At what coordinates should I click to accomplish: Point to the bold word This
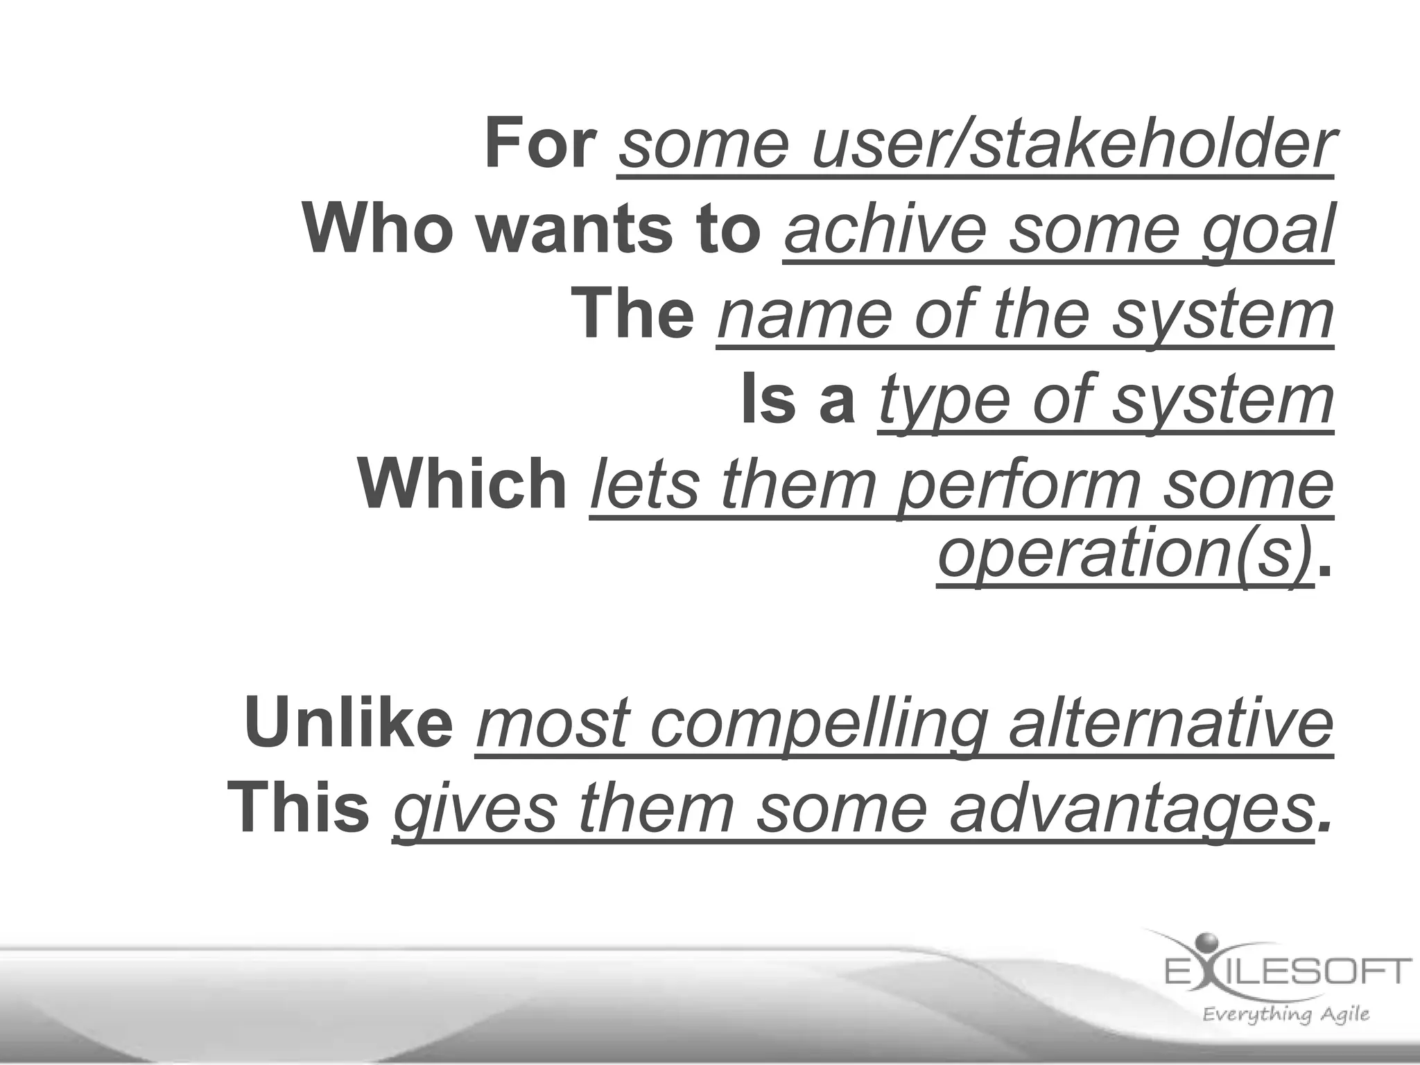[x=299, y=807]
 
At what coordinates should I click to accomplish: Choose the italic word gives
[x=476, y=810]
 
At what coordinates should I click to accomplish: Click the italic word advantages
[x=1131, y=810]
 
